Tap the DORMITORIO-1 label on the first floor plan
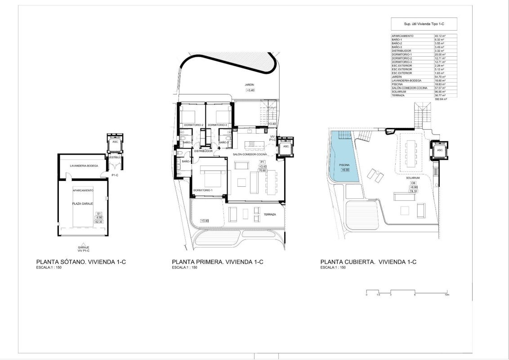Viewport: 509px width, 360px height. tap(202, 190)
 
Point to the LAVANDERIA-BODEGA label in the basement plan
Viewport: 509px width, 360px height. tap(80, 166)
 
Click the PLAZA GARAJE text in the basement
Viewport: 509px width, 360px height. tap(83, 204)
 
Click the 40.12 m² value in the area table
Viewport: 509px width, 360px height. tap(439, 36)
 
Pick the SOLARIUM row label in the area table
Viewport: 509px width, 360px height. tap(399, 92)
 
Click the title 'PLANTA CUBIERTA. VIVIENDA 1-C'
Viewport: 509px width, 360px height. tap(368, 261)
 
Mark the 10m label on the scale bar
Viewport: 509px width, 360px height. tap(446, 295)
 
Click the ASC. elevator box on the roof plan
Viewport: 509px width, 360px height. tap(440, 150)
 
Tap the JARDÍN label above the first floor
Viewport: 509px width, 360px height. tap(250, 85)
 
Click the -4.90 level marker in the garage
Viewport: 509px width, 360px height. tap(99, 217)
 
